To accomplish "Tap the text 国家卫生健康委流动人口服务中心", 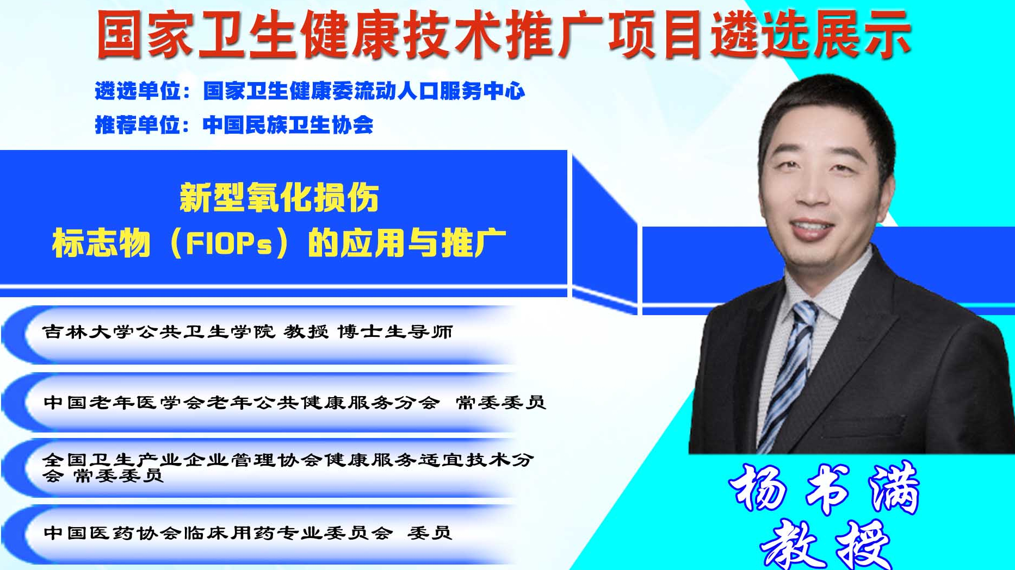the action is point(364,91).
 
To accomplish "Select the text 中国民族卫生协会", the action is point(288,125).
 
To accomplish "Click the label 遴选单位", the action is point(138,91).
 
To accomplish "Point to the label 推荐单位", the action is point(138,125).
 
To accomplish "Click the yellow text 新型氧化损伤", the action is point(279,198).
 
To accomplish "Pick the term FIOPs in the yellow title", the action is point(228,243).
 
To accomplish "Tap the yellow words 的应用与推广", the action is point(407,243).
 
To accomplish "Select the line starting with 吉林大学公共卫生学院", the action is point(247,331).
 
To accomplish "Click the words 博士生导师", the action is point(395,331).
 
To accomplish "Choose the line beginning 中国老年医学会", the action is point(294,402).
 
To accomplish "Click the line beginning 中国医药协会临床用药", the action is point(247,533).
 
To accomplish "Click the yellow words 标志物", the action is point(101,243).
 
